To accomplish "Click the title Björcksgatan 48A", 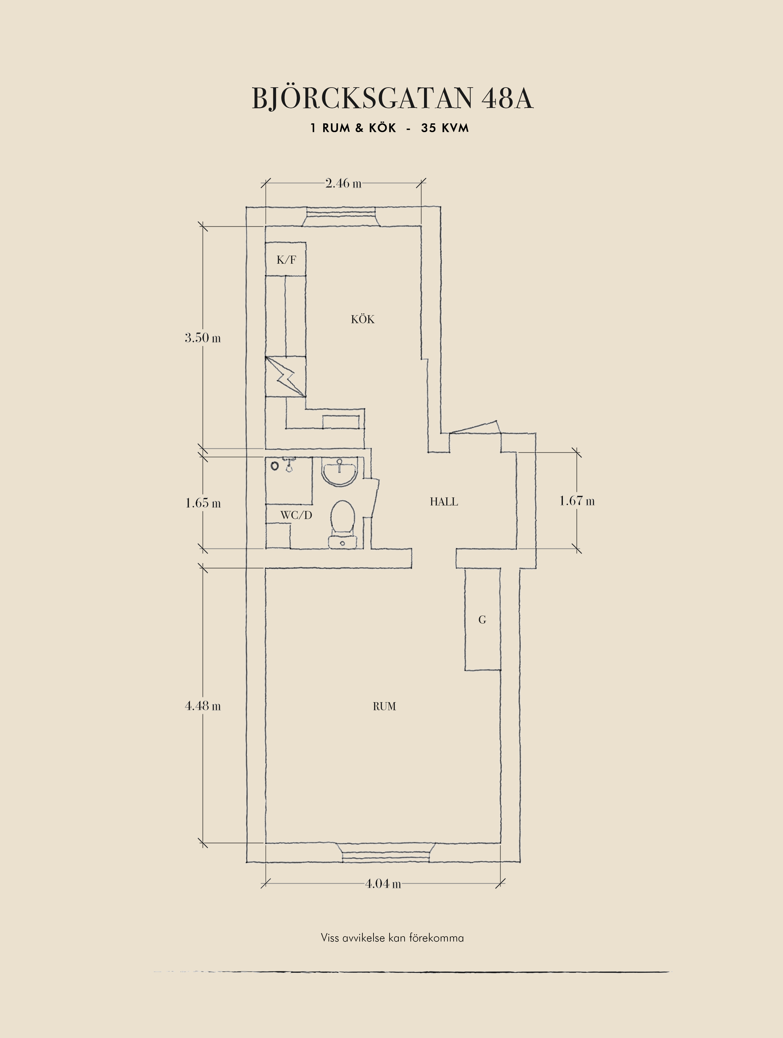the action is (392, 99).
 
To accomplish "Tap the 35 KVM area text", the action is (445, 128).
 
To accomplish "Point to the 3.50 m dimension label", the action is (203, 338).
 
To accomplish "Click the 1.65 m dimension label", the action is (203, 503).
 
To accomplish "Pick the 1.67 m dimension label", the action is (577, 501).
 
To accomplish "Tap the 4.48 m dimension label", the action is (203, 706).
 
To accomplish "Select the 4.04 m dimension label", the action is (383, 884).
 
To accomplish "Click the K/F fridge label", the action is (286, 260).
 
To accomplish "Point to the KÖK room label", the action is (363, 319).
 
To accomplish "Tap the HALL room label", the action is (444, 502).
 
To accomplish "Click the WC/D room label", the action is (296, 515).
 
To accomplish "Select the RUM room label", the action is (384, 706).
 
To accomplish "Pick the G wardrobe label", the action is (482, 620).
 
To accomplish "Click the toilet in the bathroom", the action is (343, 524).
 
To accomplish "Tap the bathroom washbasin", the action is (339, 472).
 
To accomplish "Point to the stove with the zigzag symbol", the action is (286, 376).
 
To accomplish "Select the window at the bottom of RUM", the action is (385, 853).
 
